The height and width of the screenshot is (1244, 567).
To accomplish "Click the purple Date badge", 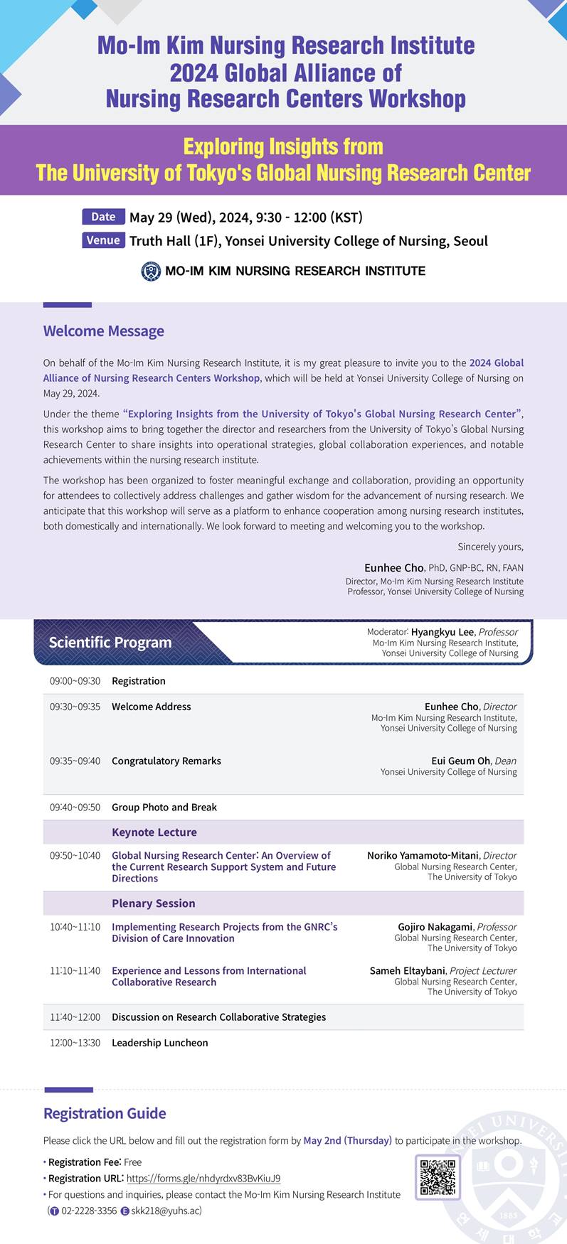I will [103, 217].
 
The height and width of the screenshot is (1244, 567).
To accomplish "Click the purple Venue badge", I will [103, 240].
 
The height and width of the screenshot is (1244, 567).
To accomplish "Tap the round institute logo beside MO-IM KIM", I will [151, 271].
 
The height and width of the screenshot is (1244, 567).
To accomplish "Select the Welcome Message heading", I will [104, 331].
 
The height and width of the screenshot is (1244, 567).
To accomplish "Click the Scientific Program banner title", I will [110, 643].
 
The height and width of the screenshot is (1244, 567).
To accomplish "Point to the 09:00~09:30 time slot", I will [75, 681].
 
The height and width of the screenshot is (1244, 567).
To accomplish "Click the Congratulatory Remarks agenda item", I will [166, 761].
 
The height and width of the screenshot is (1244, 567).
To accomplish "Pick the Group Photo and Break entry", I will [164, 807].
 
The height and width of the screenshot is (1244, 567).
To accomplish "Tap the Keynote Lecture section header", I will [154, 832].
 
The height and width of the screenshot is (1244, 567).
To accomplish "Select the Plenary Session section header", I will [153, 903].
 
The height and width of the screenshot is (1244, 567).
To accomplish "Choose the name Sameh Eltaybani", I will [408, 970].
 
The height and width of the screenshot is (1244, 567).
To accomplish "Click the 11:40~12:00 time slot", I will [75, 1017].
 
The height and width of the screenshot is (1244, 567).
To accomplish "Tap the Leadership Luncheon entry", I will [160, 1043].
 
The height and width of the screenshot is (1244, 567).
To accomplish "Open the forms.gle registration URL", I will [203, 1179].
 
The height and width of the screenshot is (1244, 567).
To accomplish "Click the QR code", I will [437, 1177].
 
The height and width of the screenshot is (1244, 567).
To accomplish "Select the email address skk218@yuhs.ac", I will [166, 1211].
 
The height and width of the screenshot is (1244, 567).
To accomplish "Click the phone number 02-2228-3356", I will [89, 1211].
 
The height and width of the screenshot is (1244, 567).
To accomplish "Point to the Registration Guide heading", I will [105, 1114].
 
